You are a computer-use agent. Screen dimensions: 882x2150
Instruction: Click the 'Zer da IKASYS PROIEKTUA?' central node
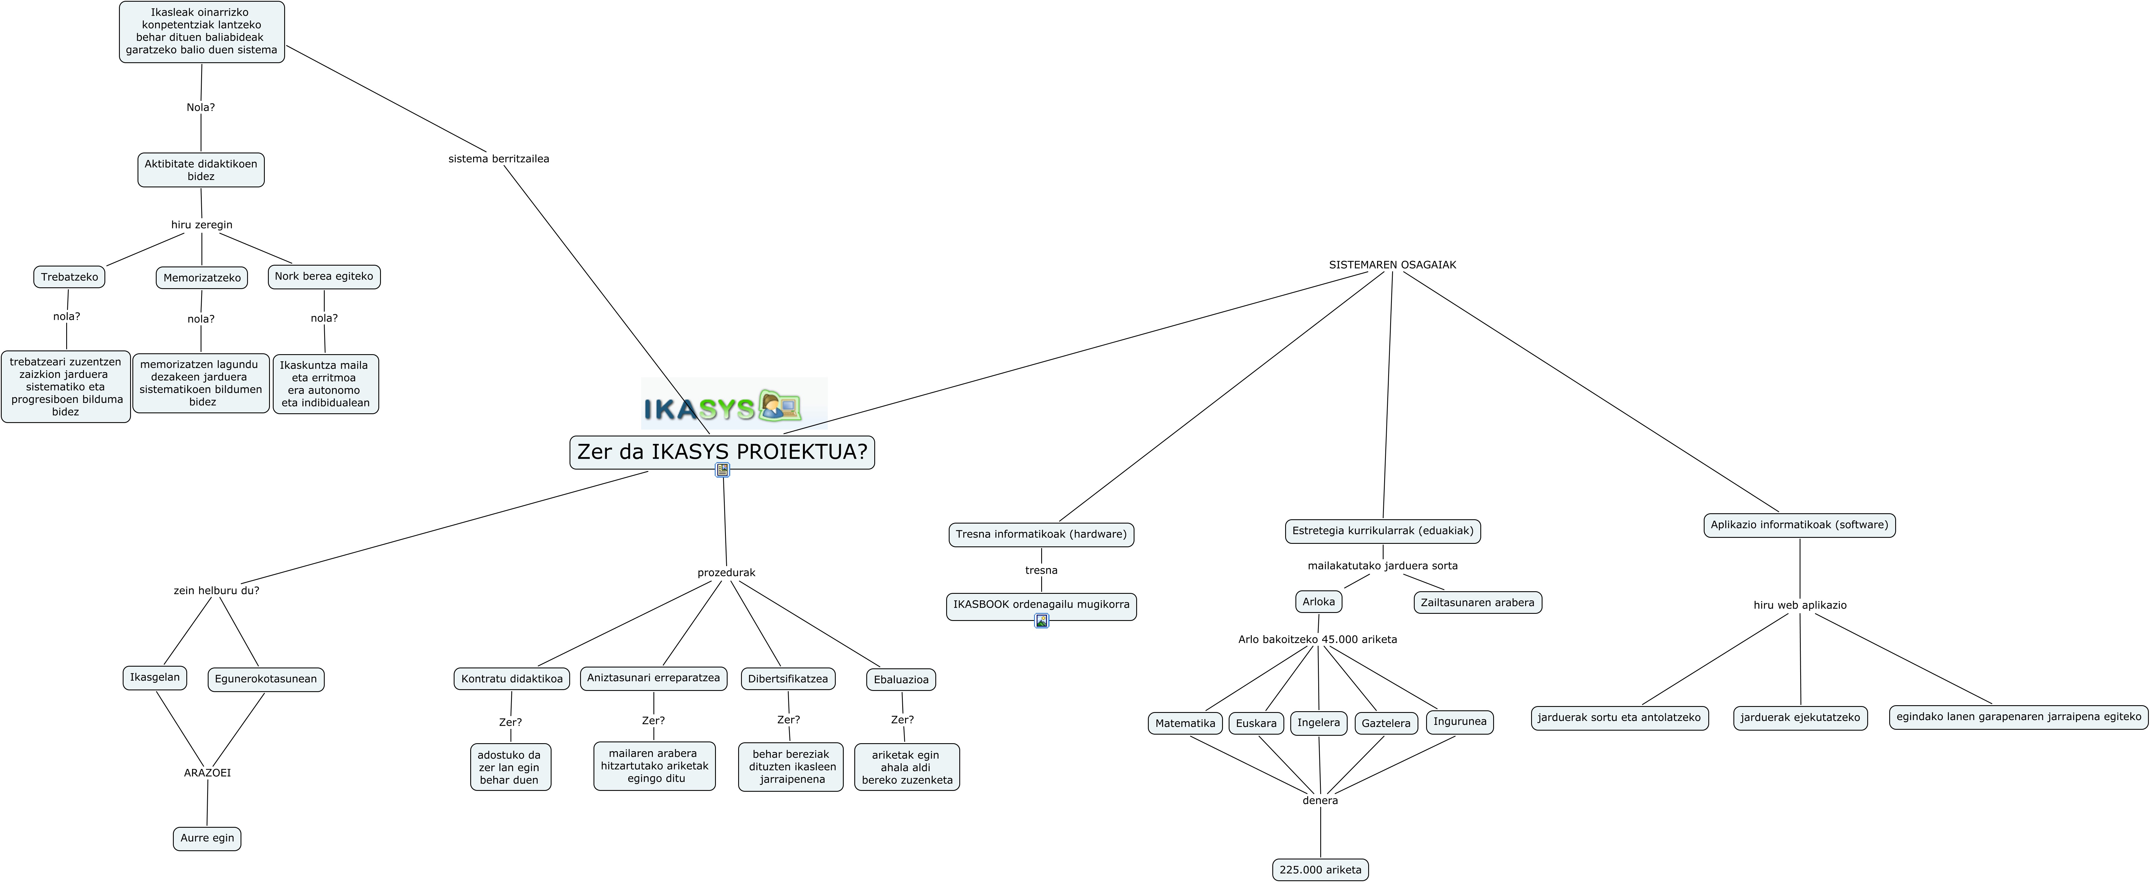click(722, 452)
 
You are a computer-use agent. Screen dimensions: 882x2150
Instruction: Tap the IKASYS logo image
click(734, 405)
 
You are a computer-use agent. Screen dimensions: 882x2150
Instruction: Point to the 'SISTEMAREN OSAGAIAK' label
click(1392, 265)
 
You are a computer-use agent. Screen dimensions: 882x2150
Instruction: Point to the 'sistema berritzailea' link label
click(498, 159)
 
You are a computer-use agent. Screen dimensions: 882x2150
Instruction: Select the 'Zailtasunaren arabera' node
click(1477, 602)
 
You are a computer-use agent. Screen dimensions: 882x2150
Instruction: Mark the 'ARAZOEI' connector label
click(207, 773)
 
